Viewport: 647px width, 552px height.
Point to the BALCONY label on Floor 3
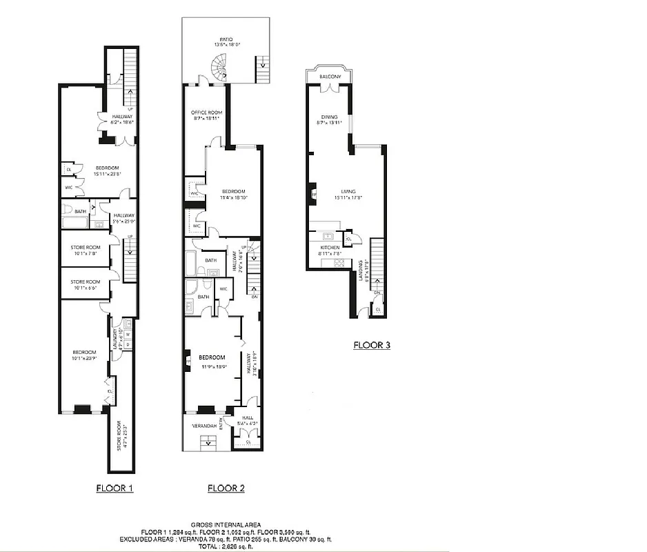(330, 76)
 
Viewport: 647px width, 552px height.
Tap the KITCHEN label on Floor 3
(330, 248)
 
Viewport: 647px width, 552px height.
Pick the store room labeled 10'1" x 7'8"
(86, 250)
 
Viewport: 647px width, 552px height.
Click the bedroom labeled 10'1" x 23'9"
(81, 355)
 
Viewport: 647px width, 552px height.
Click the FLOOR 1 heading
(114, 488)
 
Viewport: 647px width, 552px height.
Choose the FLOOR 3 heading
(372, 345)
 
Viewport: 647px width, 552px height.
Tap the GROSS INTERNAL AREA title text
(236, 525)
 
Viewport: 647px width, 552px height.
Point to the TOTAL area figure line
(236, 546)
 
